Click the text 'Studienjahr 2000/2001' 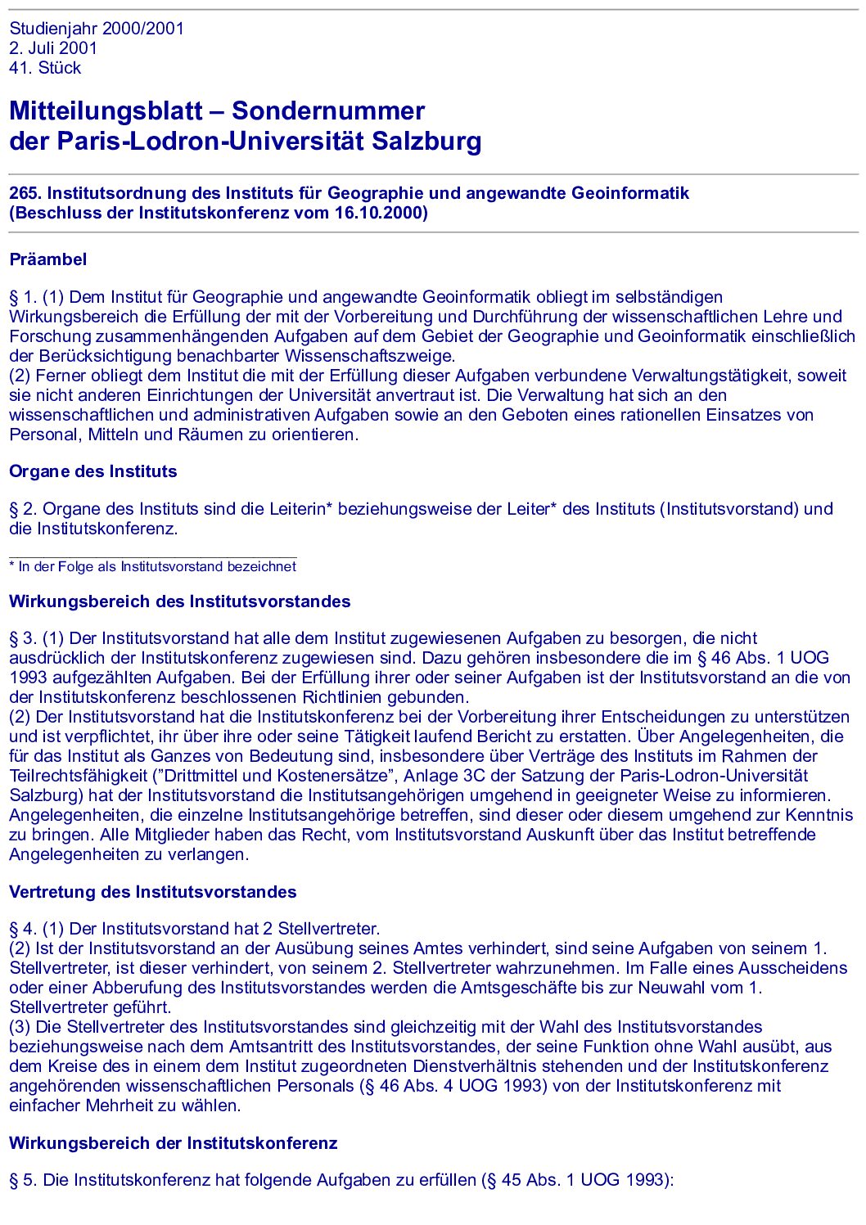pos(97,29)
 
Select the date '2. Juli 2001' pos(53,48)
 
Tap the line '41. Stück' pos(45,68)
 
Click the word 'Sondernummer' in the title pos(328,111)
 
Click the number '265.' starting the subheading pos(25,194)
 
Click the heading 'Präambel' pos(47,260)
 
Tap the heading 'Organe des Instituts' pos(92,472)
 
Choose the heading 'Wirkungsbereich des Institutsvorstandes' pos(179,602)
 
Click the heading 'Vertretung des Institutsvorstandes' pos(152,893)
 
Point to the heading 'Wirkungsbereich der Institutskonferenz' pos(173,1144)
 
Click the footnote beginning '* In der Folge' pos(152,567)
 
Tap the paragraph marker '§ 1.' pos(23,298)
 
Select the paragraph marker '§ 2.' pos(23,510)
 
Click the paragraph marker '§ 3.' pos(23,639)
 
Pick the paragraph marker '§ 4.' pos(23,930)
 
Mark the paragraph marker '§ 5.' pos(23,1181)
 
